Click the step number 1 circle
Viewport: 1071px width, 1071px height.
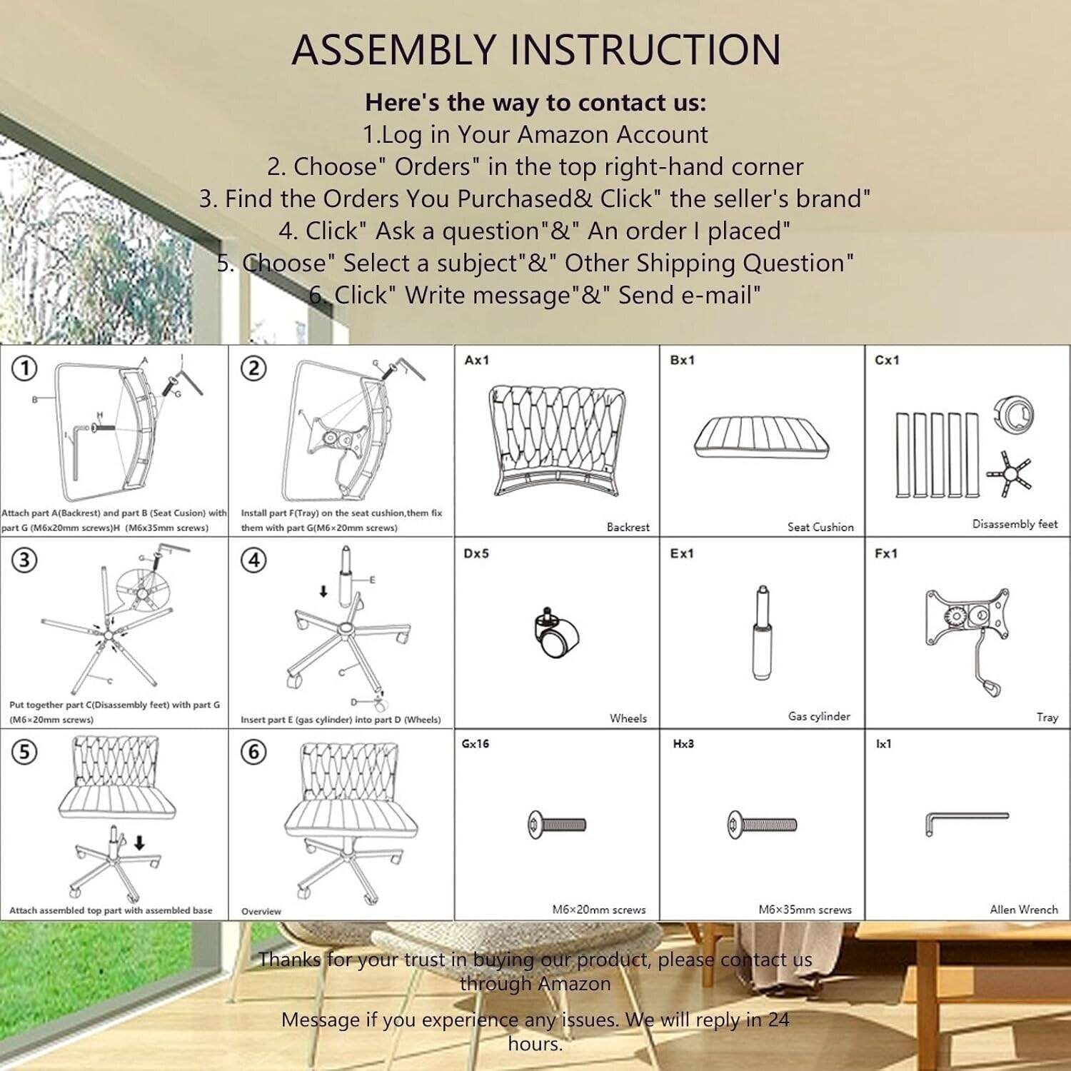pos(25,368)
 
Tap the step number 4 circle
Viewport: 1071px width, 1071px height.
pos(253,560)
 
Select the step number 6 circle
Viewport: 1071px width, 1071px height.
pos(253,752)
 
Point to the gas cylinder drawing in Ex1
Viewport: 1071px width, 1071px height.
pos(762,633)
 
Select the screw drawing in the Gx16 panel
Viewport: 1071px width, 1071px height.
pos(557,825)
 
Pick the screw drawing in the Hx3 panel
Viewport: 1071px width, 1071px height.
pos(762,825)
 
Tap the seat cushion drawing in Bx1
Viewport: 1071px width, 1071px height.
pos(761,438)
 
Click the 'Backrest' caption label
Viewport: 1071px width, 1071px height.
pos(628,527)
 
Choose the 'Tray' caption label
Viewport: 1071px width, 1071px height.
pos(1047,717)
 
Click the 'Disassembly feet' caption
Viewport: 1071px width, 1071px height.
pos(1015,524)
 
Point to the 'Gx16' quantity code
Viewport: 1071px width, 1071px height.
pos(476,744)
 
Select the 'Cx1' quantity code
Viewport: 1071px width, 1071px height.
pos(887,361)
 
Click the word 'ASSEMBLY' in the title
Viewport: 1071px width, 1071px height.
pos(393,50)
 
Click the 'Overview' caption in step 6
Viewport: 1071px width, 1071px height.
pos(261,911)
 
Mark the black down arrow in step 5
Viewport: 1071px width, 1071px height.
pos(140,843)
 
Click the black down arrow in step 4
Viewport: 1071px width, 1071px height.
pos(323,591)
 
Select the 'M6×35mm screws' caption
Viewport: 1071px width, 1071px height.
pos(805,910)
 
